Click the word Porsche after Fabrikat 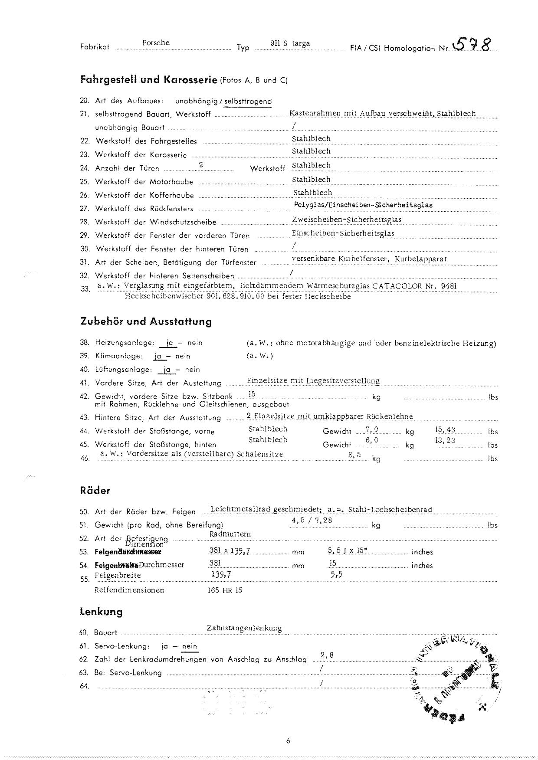156,43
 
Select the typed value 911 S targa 290,43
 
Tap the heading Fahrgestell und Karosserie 149,80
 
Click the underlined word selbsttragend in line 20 248,102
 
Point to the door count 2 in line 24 201,165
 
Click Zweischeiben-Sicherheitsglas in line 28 347,219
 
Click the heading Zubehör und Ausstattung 146,321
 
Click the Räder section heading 95,491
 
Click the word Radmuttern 230,534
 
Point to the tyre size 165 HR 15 225,590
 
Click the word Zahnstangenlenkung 244,628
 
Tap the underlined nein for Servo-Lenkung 190,646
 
